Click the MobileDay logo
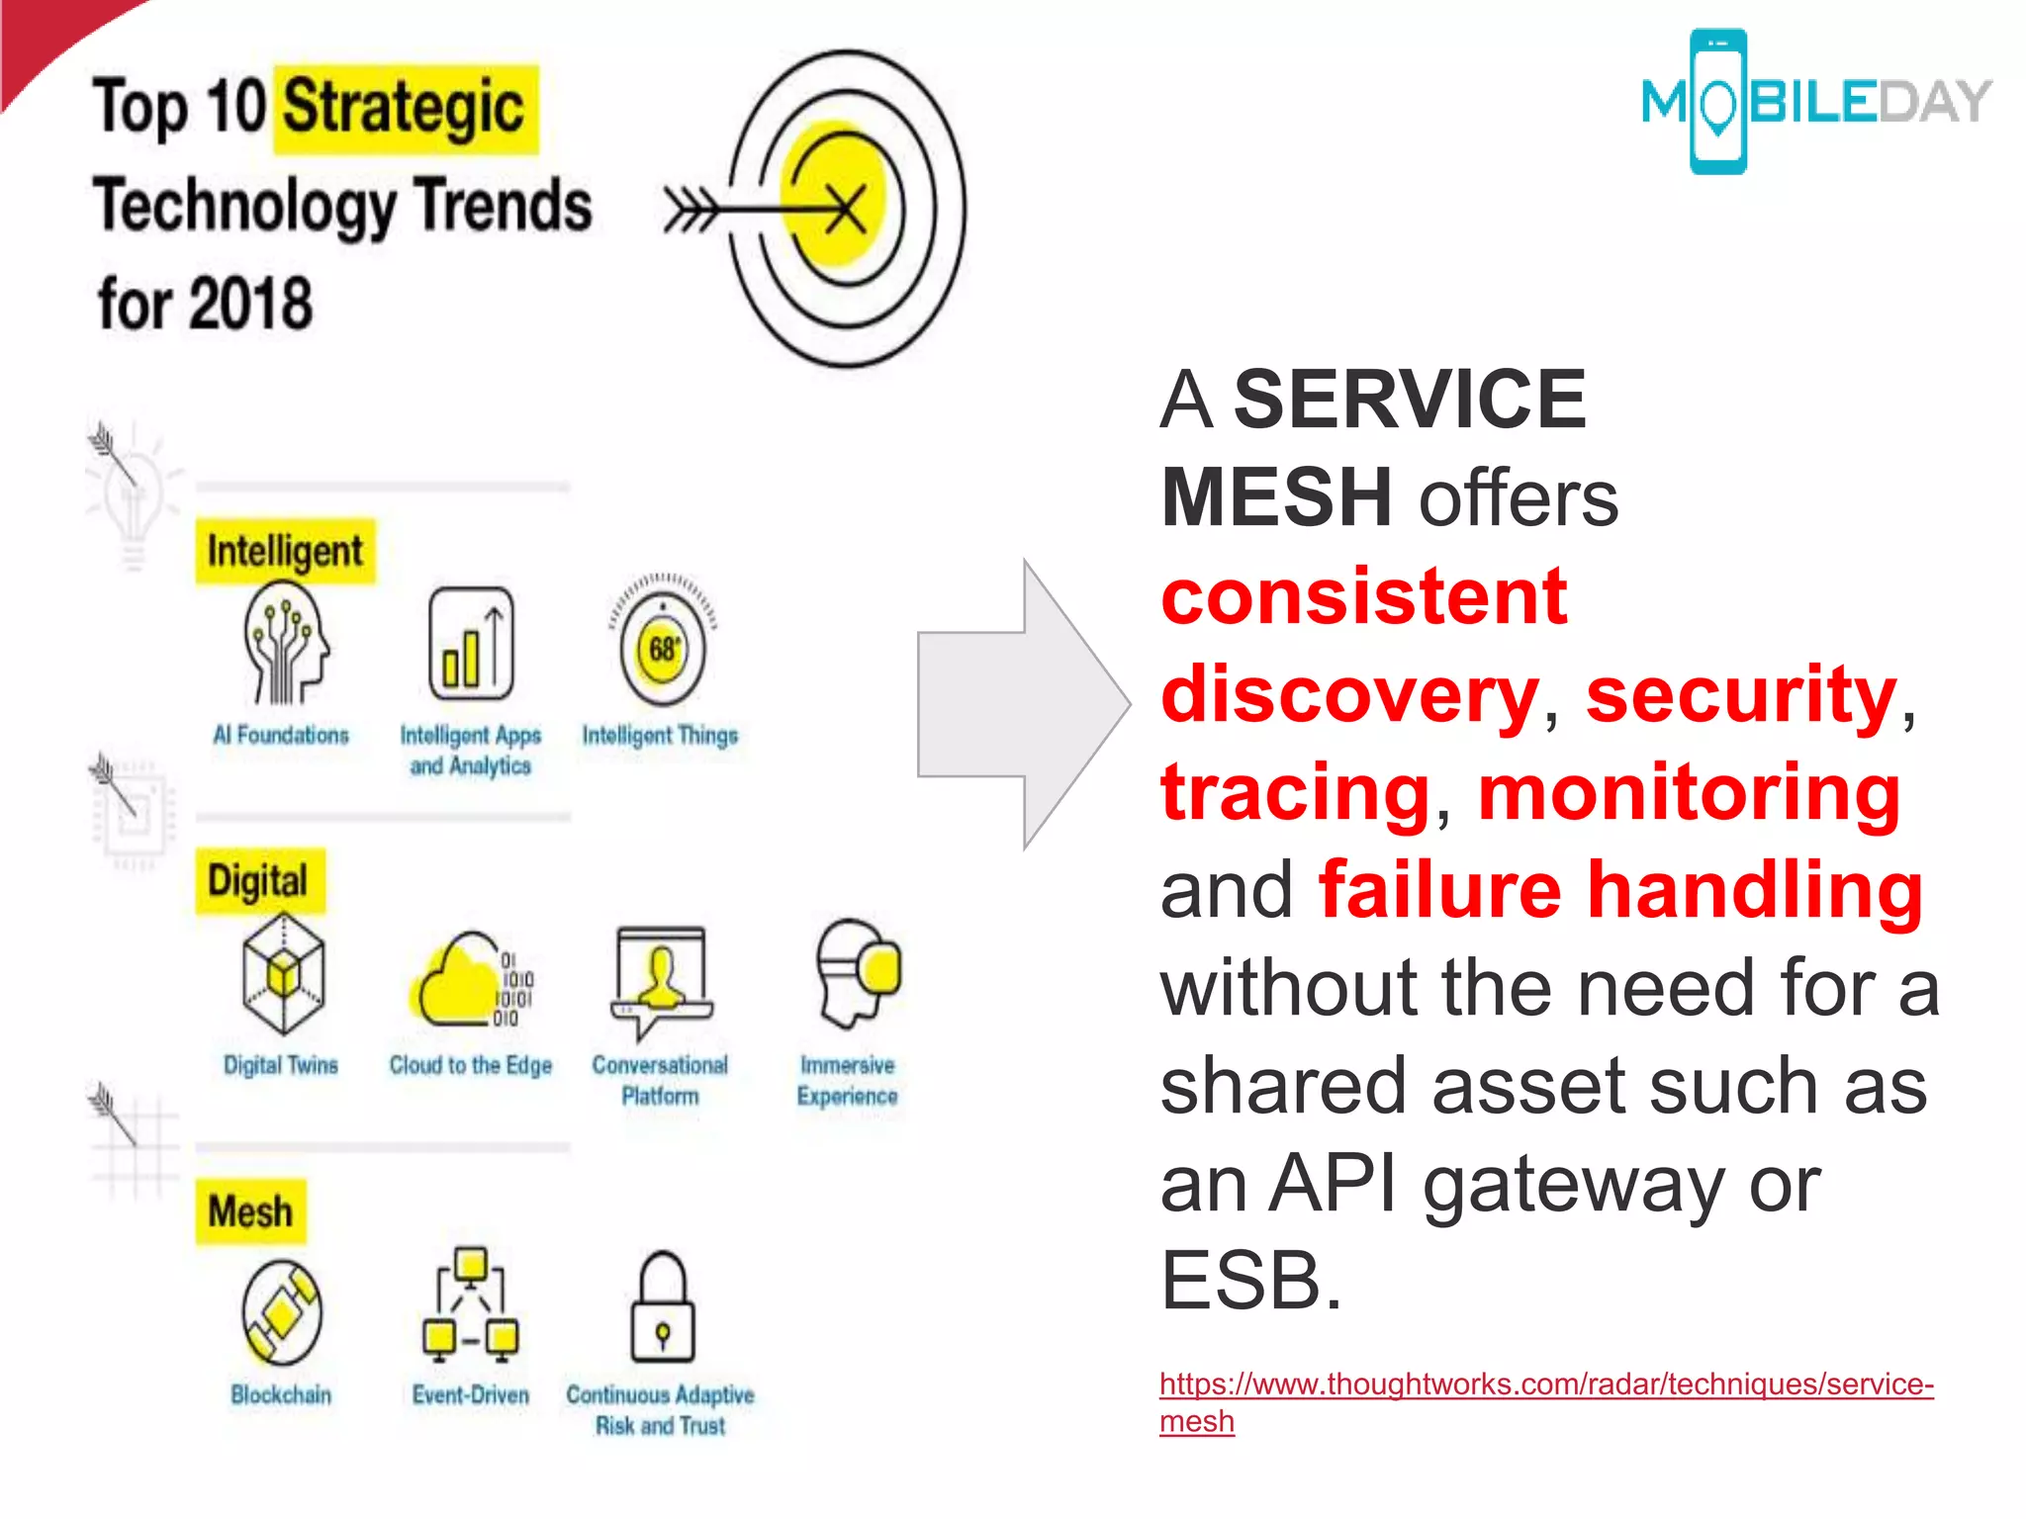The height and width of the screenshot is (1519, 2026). (x=1814, y=102)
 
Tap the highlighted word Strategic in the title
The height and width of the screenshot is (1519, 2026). (x=405, y=108)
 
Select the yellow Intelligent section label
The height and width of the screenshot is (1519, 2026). (x=285, y=551)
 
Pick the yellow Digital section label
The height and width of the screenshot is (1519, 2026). (x=258, y=880)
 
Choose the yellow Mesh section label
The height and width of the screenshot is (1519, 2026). (x=250, y=1211)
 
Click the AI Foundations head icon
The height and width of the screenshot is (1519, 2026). (x=285, y=643)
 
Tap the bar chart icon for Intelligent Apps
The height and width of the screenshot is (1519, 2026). (x=471, y=643)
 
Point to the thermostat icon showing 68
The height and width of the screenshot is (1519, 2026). (x=662, y=648)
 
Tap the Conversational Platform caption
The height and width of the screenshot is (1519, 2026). (x=660, y=1080)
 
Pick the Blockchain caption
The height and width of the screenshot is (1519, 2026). (x=281, y=1394)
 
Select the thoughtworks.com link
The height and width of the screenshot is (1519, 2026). (x=1545, y=1385)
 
